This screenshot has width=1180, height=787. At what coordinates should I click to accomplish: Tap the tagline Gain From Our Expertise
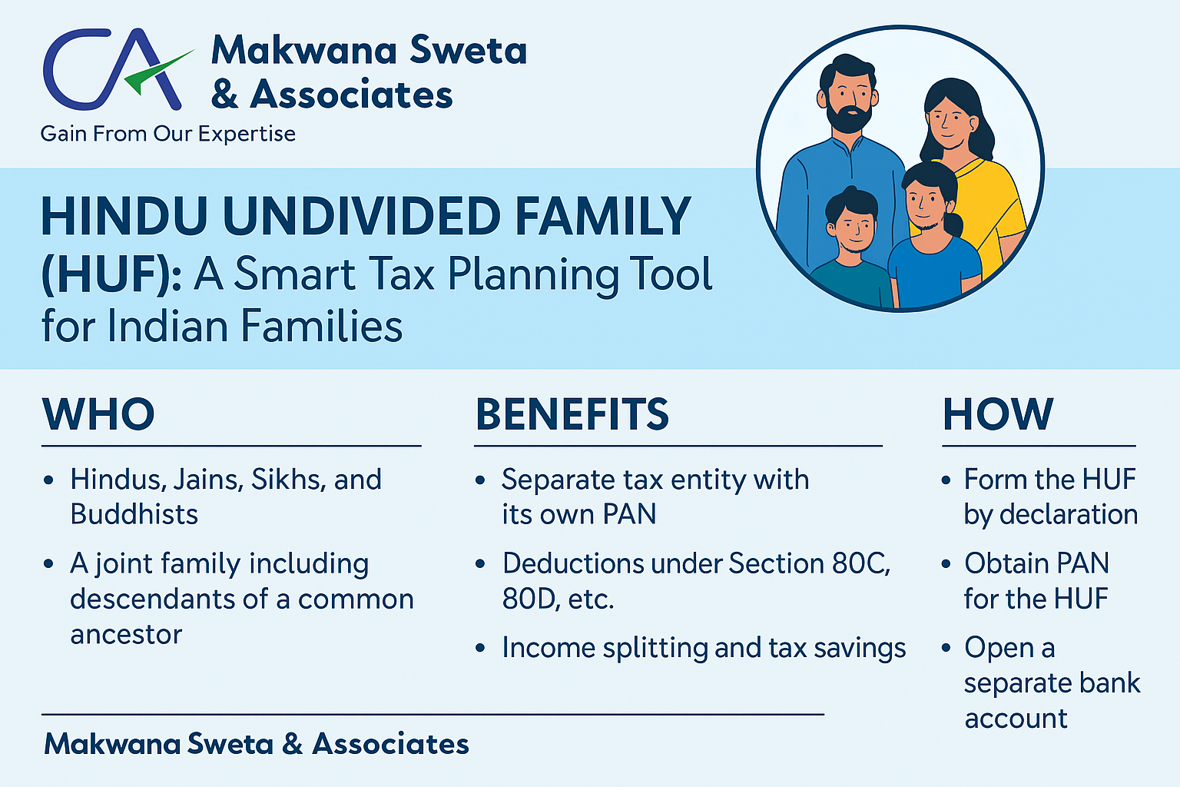168,134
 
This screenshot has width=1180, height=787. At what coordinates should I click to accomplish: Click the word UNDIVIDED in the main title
361,216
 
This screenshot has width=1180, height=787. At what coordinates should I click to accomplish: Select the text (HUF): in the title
111,274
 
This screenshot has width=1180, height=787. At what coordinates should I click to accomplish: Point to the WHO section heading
98,414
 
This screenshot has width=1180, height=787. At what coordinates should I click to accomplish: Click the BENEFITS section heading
572,414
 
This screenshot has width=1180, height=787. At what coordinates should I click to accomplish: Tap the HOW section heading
998,414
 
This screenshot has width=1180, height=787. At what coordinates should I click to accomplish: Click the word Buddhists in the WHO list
134,514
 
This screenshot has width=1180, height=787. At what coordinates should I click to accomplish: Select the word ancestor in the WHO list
127,634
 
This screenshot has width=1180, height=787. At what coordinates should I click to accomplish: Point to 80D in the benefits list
529,599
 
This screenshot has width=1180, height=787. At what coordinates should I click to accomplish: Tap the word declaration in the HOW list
1069,514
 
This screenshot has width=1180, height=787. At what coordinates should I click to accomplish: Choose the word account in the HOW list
1016,719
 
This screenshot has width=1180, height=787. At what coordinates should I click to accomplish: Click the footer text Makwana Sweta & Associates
257,744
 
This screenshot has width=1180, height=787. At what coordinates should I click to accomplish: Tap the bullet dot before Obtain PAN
946,564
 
